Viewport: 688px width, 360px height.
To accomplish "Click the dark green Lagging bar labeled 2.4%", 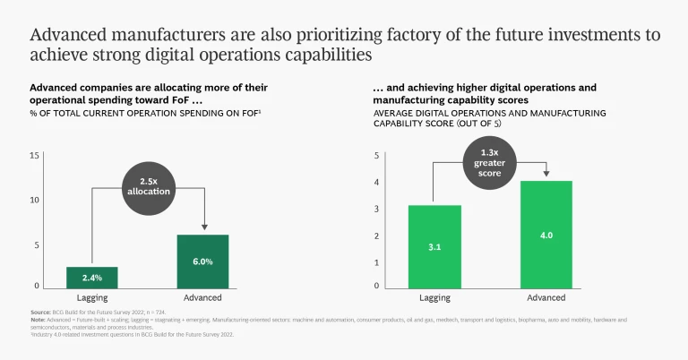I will pos(91,278).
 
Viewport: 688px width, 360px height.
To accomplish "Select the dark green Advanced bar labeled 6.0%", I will pos(202,261).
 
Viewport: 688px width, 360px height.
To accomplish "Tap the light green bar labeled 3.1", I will pos(434,246).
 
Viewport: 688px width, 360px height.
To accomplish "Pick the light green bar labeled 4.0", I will pos(546,234).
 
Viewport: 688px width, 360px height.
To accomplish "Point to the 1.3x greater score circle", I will pos(490,164).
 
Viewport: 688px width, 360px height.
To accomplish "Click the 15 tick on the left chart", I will pos(35,156).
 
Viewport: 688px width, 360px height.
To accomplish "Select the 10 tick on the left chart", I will pos(35,200).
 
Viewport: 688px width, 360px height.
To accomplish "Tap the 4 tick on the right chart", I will pos(377,183).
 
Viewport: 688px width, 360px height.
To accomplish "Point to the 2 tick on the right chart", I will pos(377,236).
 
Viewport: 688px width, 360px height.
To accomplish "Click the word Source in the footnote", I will pos(40,312).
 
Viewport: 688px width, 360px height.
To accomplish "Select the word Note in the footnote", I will pos(38,319).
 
